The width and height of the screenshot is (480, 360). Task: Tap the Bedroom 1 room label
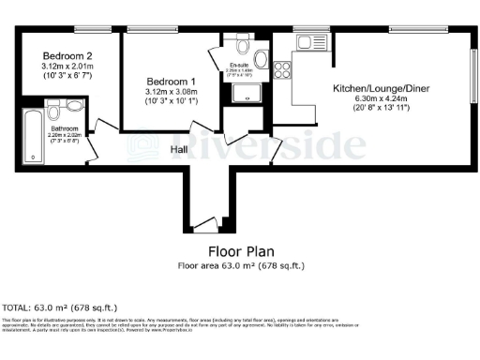pos(166,82)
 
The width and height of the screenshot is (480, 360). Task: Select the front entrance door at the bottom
pos(203,223)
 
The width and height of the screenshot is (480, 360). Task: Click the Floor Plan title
pos(241,252)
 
